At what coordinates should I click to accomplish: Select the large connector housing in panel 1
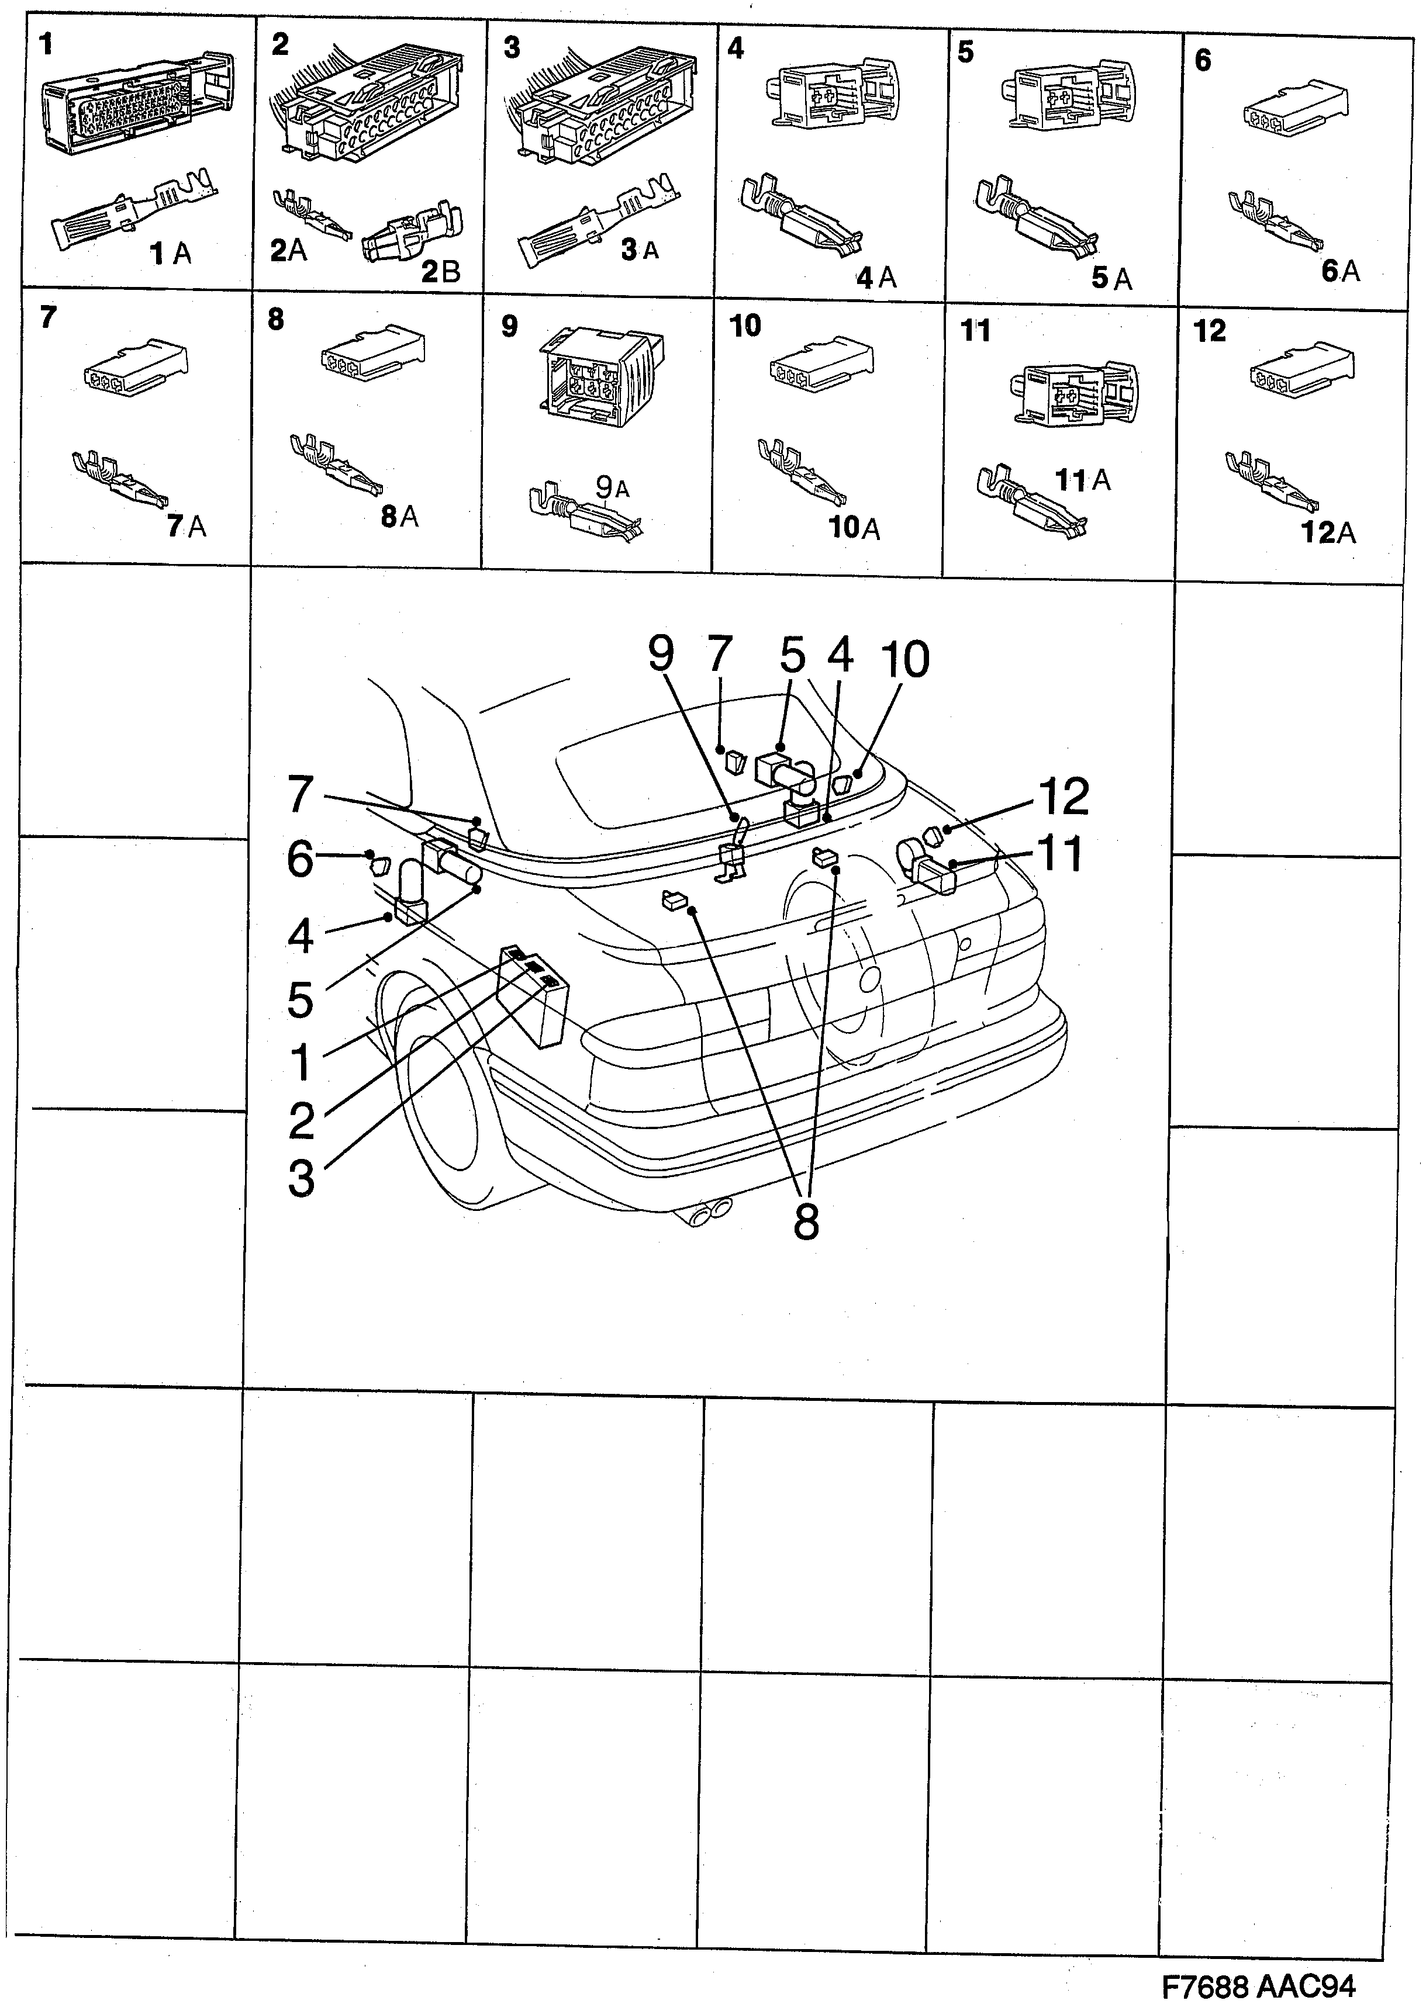[x=136, y=105]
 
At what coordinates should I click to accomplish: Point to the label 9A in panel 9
[x=613, y=487]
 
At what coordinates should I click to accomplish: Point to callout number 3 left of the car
[x=301, y=1179]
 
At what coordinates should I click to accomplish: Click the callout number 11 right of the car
[x=1060, y=853]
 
